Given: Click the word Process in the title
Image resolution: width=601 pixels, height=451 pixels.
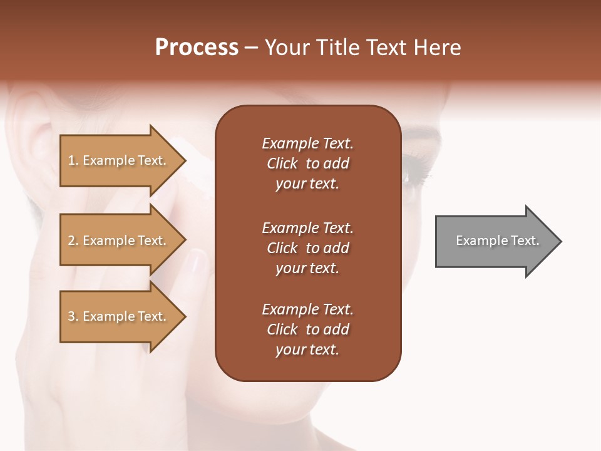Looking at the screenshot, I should point(197,48).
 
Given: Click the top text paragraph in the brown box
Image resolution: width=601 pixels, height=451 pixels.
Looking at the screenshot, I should point(307,163).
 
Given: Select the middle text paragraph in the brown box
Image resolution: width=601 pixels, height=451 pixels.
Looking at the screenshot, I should point(307,248).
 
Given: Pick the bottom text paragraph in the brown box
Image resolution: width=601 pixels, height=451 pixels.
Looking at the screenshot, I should point(307,329).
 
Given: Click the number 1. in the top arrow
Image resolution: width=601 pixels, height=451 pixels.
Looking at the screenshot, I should point(73,160).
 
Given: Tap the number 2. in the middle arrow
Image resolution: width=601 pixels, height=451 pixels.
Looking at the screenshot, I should point(73,241).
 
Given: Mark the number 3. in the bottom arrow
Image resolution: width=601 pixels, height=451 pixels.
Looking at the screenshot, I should point(73,316).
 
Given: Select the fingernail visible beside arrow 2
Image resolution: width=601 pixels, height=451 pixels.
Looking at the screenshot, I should point(198,261).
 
